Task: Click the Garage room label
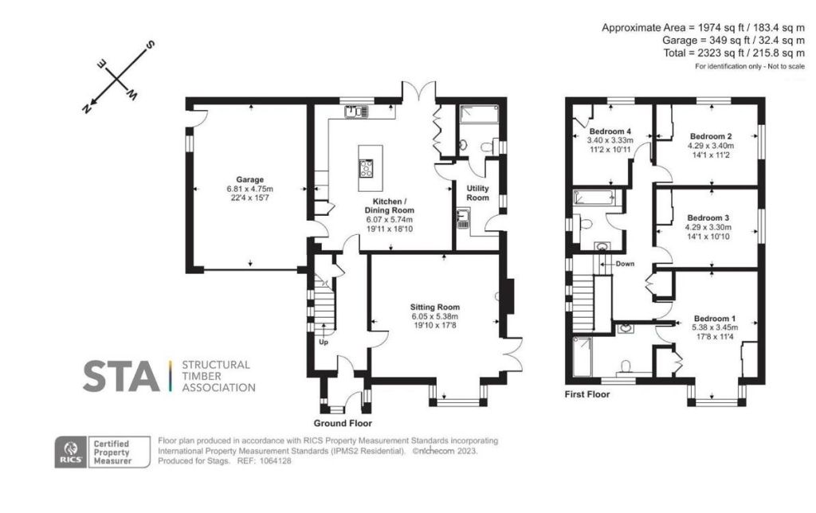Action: point(249,179)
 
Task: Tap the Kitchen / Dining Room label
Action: point(389,206)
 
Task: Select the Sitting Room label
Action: point(435,307)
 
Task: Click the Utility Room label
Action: point(478,193)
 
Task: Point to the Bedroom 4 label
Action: point(610,131)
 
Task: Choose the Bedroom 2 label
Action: point(711,136)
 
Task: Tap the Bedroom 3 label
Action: point(708,218)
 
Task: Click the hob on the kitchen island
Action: point(367,168)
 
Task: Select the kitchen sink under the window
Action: point(356,112)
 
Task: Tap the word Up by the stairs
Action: point(324,343)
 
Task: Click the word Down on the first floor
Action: point(625,264)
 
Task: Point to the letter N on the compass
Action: point(86,108)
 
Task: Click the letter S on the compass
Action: point(150,45)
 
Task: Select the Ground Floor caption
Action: point(343,423)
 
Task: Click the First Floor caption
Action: point(587,394)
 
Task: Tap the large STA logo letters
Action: point(121,376)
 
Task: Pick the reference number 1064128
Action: point(275,461)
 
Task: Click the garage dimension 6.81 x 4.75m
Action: point(249,189)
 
